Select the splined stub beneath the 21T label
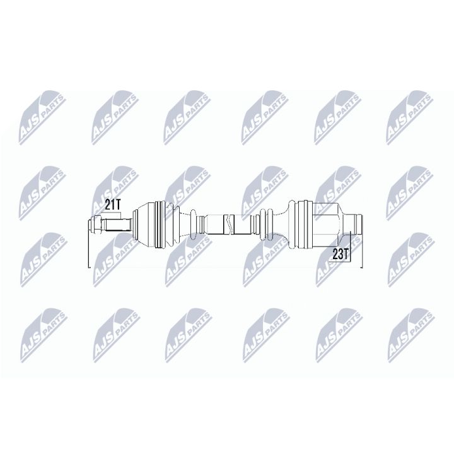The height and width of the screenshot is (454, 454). click(117, 224)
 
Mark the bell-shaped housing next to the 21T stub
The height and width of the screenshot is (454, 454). click(144, 224)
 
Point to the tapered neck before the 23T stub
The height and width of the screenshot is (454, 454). click(344, 224)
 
